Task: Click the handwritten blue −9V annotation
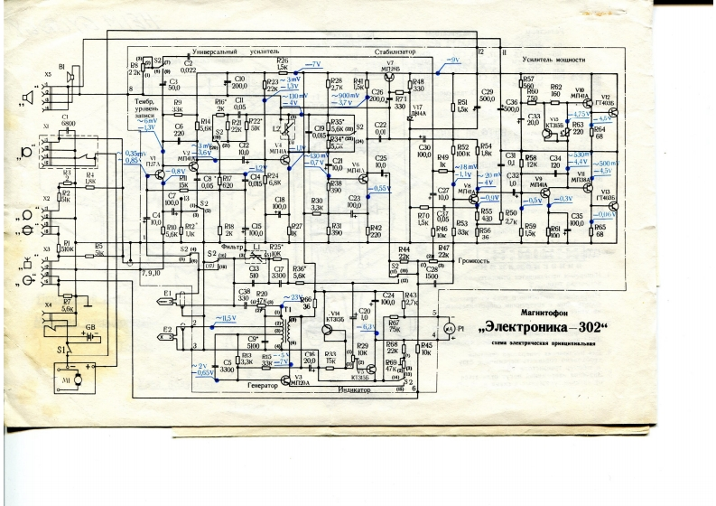point(454,60)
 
